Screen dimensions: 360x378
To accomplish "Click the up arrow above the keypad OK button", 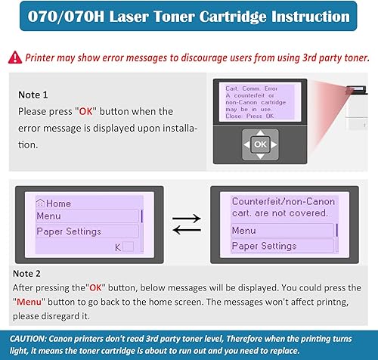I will pos(260,130).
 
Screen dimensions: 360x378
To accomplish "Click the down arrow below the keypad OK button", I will pos(260,156).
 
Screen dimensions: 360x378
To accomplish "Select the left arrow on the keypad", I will pos(246,143).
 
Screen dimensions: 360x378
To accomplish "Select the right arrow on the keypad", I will pos(274,143).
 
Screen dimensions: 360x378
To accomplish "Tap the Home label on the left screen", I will pos(54,203).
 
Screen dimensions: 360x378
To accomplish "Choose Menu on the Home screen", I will pos(49,216).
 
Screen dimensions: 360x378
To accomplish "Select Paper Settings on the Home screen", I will pos(69,231).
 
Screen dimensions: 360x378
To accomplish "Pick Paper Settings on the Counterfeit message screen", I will pos(264,246).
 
